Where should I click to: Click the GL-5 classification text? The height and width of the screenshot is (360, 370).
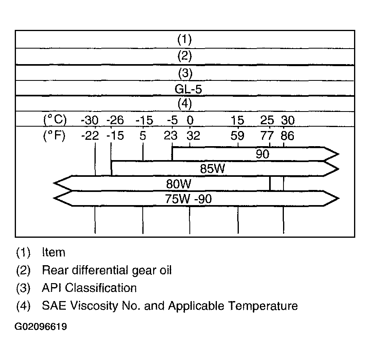click(188, 89)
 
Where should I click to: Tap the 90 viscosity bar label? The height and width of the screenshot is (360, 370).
click(262, 154)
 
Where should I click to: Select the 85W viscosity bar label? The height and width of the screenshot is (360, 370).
click(213, 169)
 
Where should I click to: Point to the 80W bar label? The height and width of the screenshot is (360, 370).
click(178, 184)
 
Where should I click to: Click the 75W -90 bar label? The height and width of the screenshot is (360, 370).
click(188, 199)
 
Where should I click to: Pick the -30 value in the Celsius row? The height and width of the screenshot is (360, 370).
click(90, 121)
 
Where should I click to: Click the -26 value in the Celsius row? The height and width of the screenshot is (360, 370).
click(115, 121)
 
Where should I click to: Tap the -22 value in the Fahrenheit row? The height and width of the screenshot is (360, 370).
click(90, 136)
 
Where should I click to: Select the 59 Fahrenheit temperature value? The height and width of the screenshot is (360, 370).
click(237, 136)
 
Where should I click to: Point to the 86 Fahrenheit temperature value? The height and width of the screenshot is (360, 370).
click(287, 136)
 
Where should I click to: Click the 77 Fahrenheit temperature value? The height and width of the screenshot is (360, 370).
click(267, 136)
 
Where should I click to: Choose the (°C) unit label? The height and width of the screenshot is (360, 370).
click(55, 120)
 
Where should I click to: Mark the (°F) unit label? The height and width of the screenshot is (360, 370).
click(54, 136)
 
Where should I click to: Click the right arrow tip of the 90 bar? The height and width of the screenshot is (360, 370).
click(339, 155)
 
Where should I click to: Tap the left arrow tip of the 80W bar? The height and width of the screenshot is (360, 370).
click(54, 183)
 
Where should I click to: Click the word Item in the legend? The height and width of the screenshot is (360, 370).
click(53, 252)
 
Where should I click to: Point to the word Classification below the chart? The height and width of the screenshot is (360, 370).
click(101, 288)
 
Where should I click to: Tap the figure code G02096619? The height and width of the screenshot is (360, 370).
click(41, 327)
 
